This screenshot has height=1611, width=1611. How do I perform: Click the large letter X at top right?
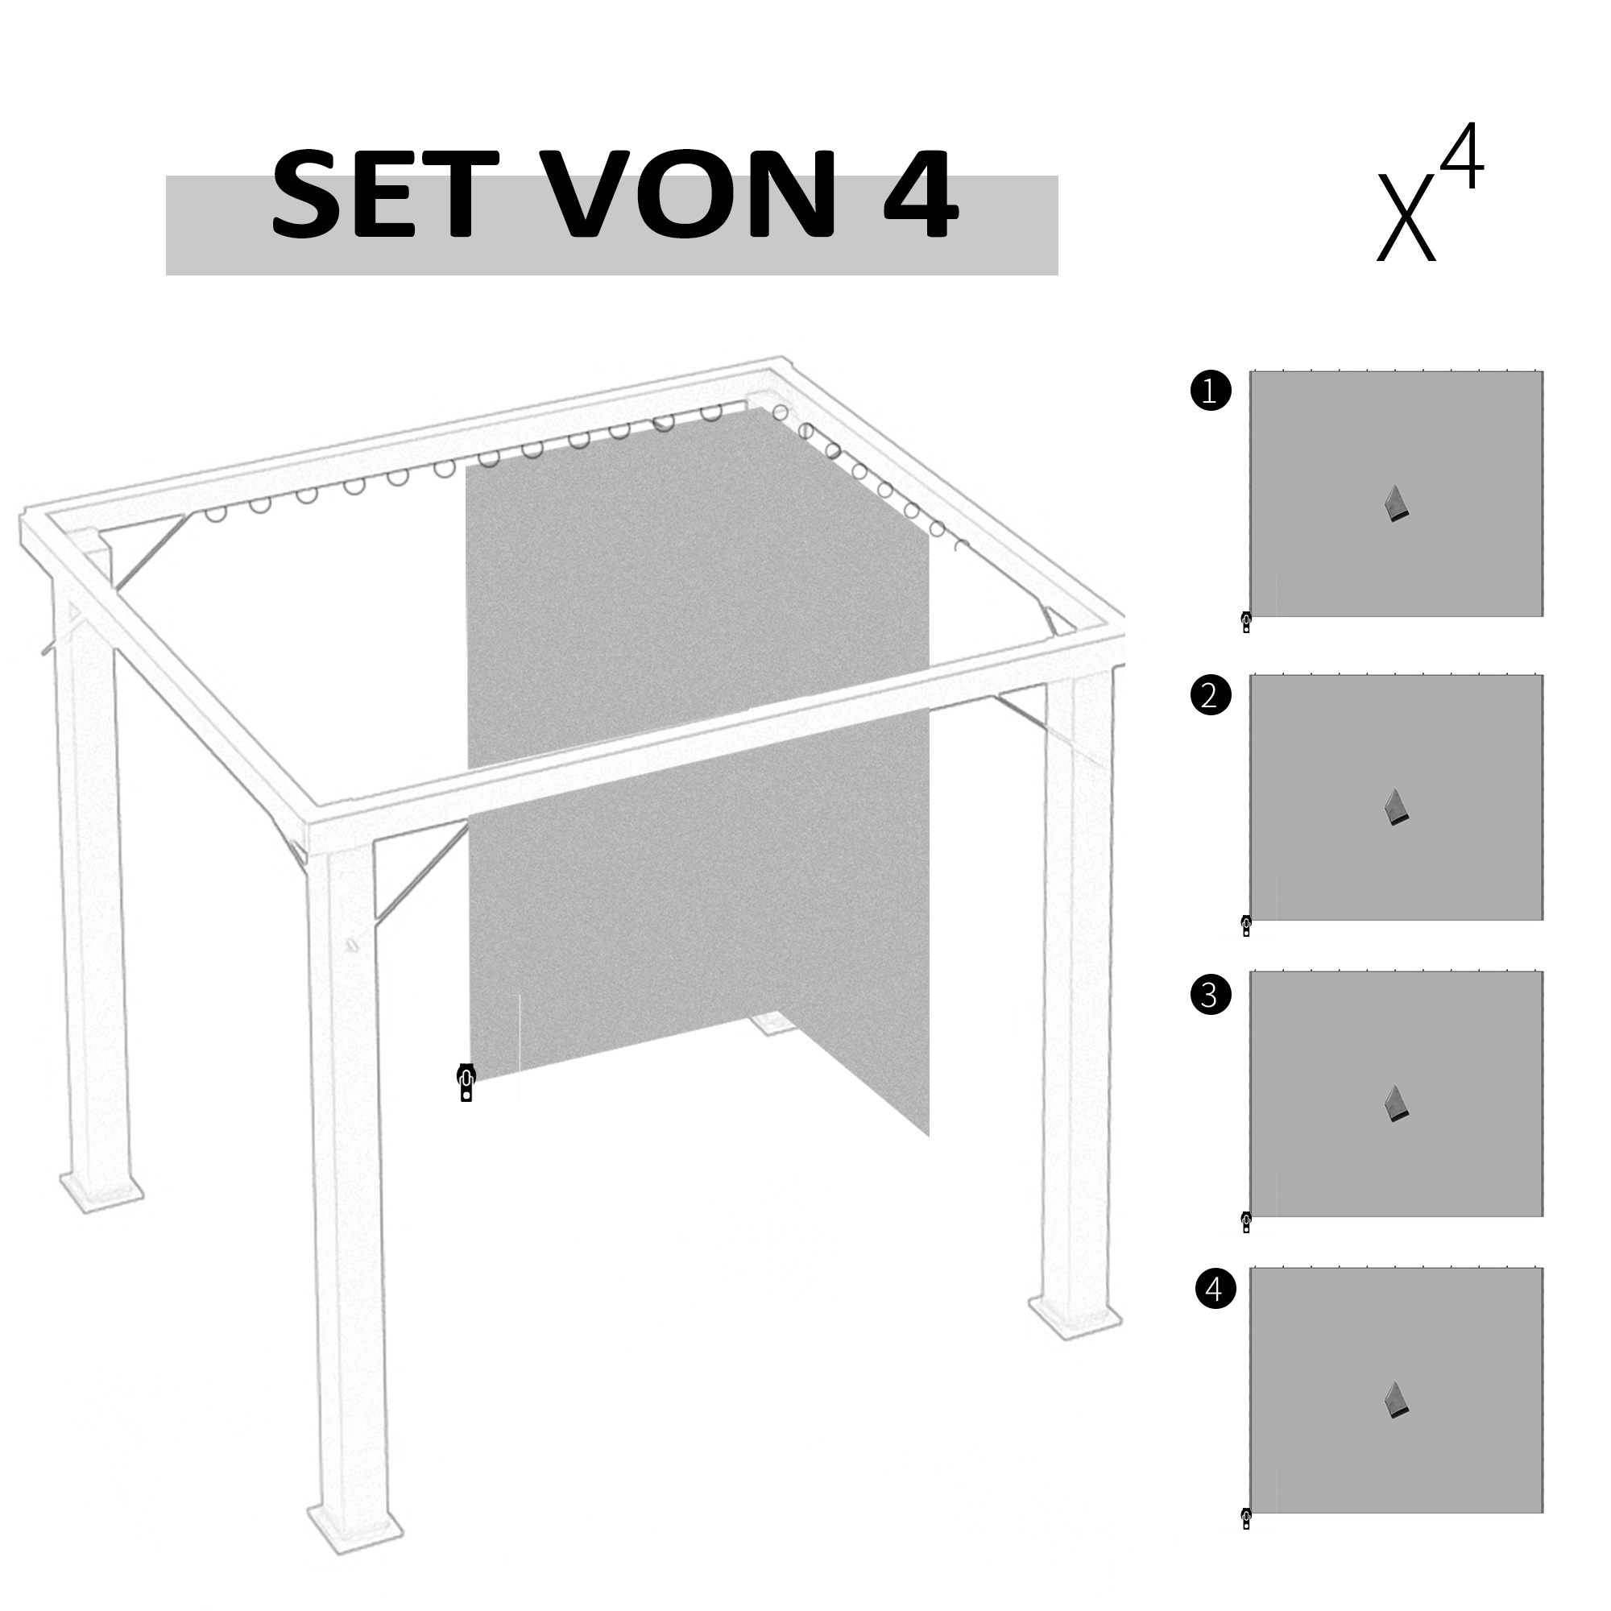[1406, 216]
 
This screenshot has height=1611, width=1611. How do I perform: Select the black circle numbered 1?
[1211, 391]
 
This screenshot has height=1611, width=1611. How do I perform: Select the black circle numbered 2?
[1211, 694]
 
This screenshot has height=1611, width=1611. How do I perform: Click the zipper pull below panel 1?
[1247, 622]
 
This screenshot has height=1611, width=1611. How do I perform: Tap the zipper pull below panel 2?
[1247, 926]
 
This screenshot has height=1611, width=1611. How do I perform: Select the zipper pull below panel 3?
[1247, 1223]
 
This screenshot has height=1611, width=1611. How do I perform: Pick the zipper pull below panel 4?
[1247, 1518]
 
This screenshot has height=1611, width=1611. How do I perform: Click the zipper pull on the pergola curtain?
[466, 1083]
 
